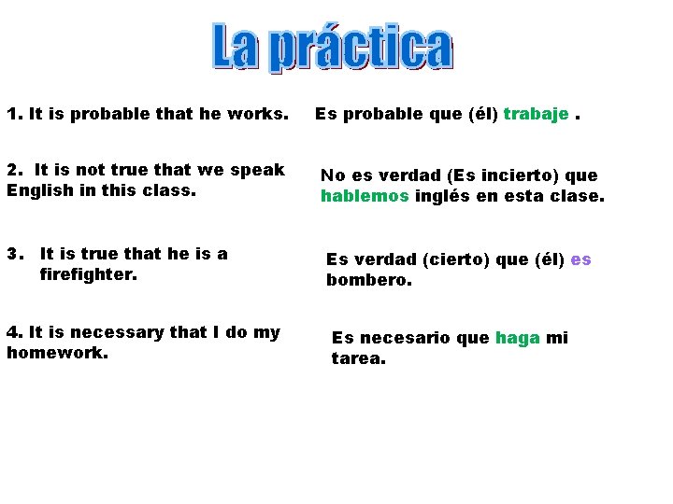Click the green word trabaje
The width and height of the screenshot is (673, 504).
pyautogui.click(x=536, y=114)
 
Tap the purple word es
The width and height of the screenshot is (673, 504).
pyautogui.click(x=580, y=259)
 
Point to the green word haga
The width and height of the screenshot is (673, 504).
pyautogui.click(x=518, y=338)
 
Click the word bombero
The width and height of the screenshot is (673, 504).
pyautogui.click(x=368, y=279)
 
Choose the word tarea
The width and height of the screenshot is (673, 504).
pyautogui.click(x=358, y=358)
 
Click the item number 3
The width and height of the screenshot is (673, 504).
pyautogui.click(x=13, y=254)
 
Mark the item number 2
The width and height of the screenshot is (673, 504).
pyautogui.click(x=13, y=170)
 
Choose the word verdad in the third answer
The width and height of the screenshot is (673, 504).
pyautogui.click(x=379, y=259)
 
